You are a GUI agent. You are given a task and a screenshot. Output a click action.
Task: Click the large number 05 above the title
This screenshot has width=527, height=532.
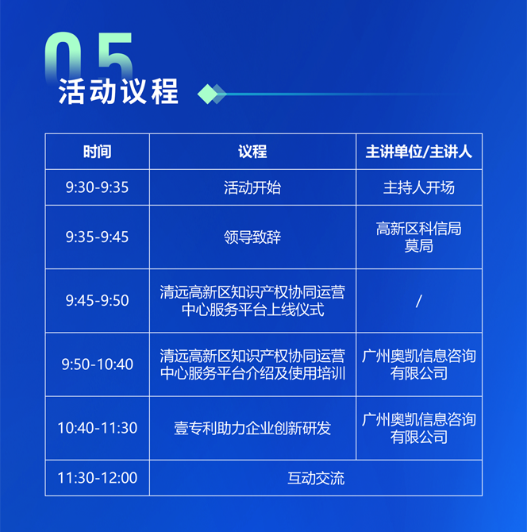point(89,56)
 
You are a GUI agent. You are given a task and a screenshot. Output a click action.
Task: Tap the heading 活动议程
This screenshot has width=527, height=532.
point(118,91)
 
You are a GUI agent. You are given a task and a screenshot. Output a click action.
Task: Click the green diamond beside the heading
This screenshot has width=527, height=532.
point(208,94)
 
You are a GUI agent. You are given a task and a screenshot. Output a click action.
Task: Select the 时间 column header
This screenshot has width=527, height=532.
point(98,152)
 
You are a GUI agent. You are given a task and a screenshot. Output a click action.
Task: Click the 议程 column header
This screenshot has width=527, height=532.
point(252,152)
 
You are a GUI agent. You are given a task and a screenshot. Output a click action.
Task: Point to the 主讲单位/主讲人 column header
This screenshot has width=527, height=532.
point(419,152)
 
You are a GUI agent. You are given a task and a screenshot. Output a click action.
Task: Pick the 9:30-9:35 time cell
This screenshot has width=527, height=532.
point(98,187)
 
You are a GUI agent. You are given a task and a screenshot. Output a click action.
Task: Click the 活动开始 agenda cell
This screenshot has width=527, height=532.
point(252,187)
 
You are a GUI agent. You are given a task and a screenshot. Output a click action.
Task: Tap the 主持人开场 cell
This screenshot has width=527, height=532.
point(419,187)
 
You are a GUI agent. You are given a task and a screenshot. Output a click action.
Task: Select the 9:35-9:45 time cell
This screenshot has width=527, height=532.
point(98,237)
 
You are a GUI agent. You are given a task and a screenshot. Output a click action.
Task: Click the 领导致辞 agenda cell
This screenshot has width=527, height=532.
point(252,237)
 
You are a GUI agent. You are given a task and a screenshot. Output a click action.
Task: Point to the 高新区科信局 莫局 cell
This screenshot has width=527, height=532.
point(419,237)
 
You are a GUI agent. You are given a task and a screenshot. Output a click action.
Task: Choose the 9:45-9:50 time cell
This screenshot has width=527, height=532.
point(98,300)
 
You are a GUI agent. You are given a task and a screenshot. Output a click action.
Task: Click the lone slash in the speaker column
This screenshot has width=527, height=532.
point(419,301)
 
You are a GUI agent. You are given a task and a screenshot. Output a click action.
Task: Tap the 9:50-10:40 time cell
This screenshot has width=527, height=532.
point(98,364)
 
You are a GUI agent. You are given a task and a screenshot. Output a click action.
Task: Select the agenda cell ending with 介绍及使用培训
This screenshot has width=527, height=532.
point(252,364)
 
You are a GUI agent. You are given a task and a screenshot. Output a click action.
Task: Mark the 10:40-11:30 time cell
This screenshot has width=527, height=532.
point(98,428)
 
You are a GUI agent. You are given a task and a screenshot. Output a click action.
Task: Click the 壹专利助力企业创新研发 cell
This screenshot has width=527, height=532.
point(252,428)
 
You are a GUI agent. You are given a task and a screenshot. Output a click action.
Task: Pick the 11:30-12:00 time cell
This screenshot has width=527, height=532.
point(98,478)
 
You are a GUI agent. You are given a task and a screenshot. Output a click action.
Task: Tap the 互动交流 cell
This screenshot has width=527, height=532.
point(316,478)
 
